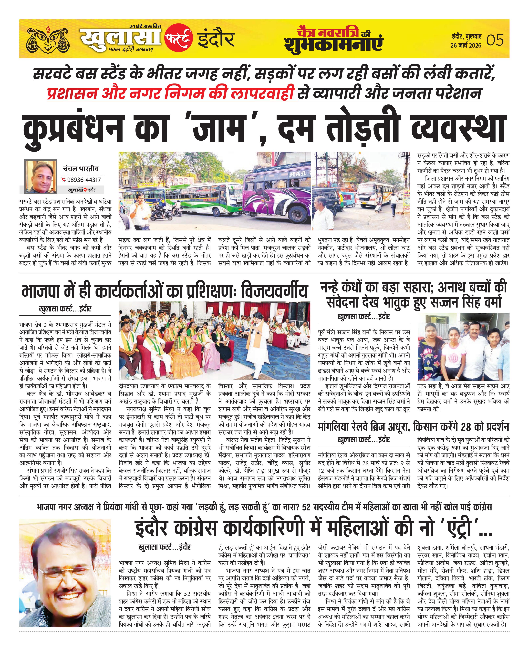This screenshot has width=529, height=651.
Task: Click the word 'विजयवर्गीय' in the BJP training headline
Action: click(274, 291)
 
